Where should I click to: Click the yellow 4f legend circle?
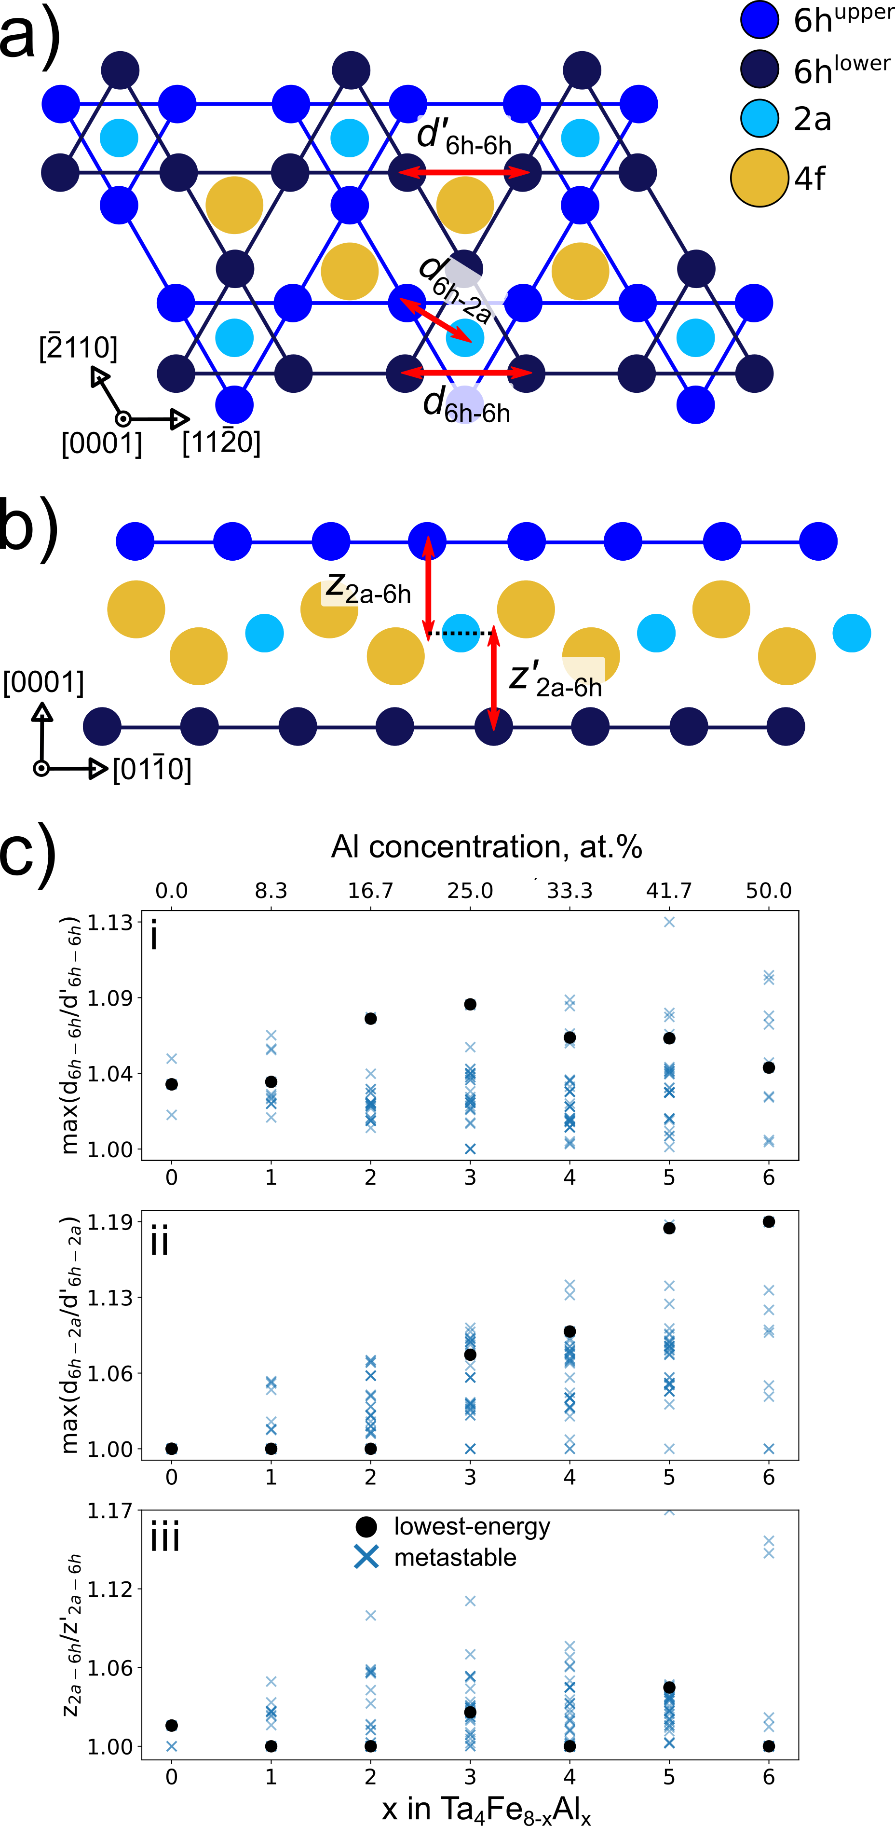click(759, 178)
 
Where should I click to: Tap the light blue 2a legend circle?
click(759, 118)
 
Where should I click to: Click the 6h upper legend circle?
click(759, 19)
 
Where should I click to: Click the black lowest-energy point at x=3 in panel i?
click(470, 1004)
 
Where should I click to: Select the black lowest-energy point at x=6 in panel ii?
click(769, 1221)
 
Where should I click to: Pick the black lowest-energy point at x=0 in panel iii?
click(172, 1725)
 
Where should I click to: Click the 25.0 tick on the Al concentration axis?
click(470, 890)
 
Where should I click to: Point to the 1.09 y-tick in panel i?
click(110, 998)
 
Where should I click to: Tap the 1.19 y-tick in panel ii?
click(110, 1222)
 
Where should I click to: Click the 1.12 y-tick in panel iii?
click(110, 1589)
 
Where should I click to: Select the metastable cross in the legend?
click(366, 1557)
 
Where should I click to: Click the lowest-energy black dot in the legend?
click(366, 1526)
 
